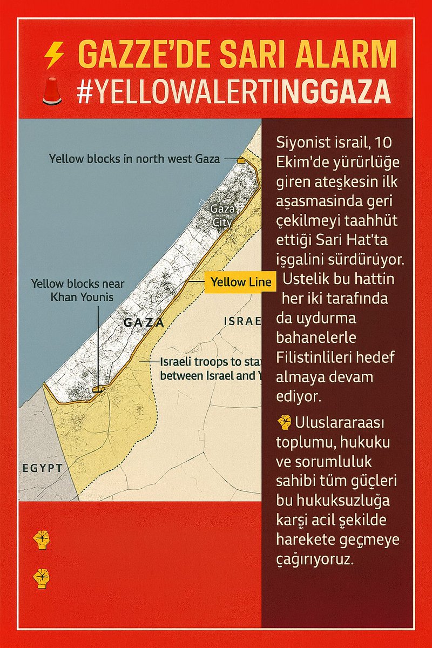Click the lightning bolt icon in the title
[54, 55]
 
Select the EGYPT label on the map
[43, 468]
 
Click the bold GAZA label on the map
[144, 323]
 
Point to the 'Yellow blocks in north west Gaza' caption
[134, 159]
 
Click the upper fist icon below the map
[41, 539]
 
